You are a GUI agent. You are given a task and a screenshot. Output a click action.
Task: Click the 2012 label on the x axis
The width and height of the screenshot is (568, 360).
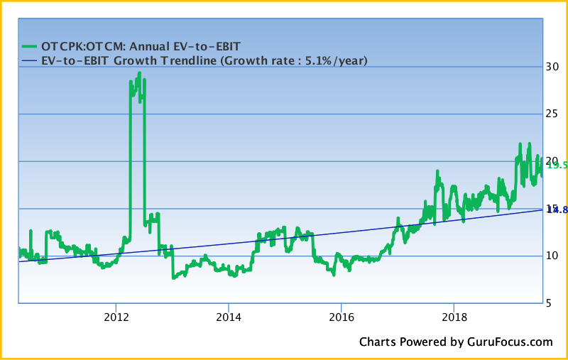point(116,316)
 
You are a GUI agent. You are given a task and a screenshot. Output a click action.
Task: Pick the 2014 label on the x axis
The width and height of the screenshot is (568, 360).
point(228,316)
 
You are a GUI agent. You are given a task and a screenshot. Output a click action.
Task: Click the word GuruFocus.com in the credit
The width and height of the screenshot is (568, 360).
point(509,342)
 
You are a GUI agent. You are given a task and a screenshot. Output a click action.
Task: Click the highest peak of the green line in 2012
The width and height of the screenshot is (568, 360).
point(139,72)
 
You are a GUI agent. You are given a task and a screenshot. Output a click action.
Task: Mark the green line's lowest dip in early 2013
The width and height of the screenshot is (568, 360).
point(173,278)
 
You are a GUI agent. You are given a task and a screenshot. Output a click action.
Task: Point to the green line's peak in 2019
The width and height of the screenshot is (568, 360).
point(520,143)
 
